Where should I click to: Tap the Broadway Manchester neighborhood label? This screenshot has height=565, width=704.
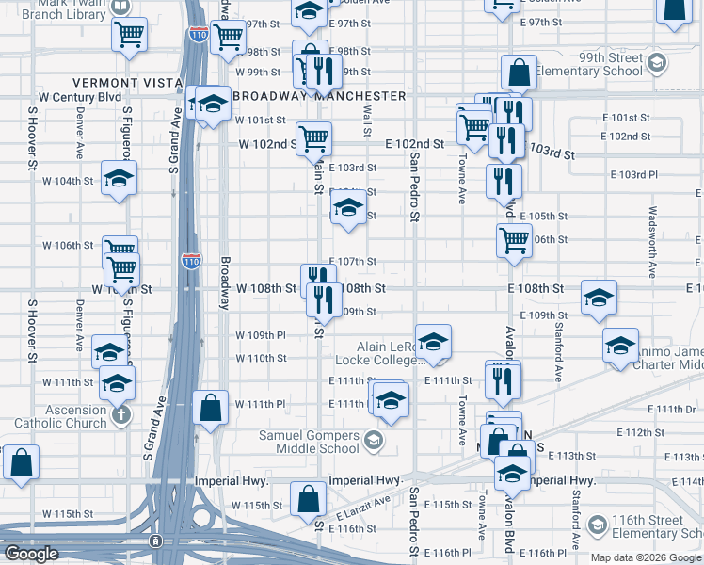click(x=319, y=96)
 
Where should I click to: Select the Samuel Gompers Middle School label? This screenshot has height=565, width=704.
click(x=310, y=442)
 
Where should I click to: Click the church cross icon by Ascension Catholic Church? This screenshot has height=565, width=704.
click(x=120, y=415)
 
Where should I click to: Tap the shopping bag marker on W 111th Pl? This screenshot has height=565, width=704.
click(x=210, y=407)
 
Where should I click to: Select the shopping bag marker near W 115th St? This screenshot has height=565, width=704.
click(x=309, y=500)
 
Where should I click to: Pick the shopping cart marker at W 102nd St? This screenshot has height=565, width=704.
click(x=314, y=138)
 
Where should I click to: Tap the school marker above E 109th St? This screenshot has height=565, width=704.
click(x=599, y=298)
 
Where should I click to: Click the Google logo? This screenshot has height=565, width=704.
click(x=31, y=554)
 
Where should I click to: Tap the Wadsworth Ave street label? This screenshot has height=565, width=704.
click(x=651, y=243)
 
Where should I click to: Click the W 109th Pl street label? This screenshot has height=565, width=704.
click(x=261, y=335)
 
